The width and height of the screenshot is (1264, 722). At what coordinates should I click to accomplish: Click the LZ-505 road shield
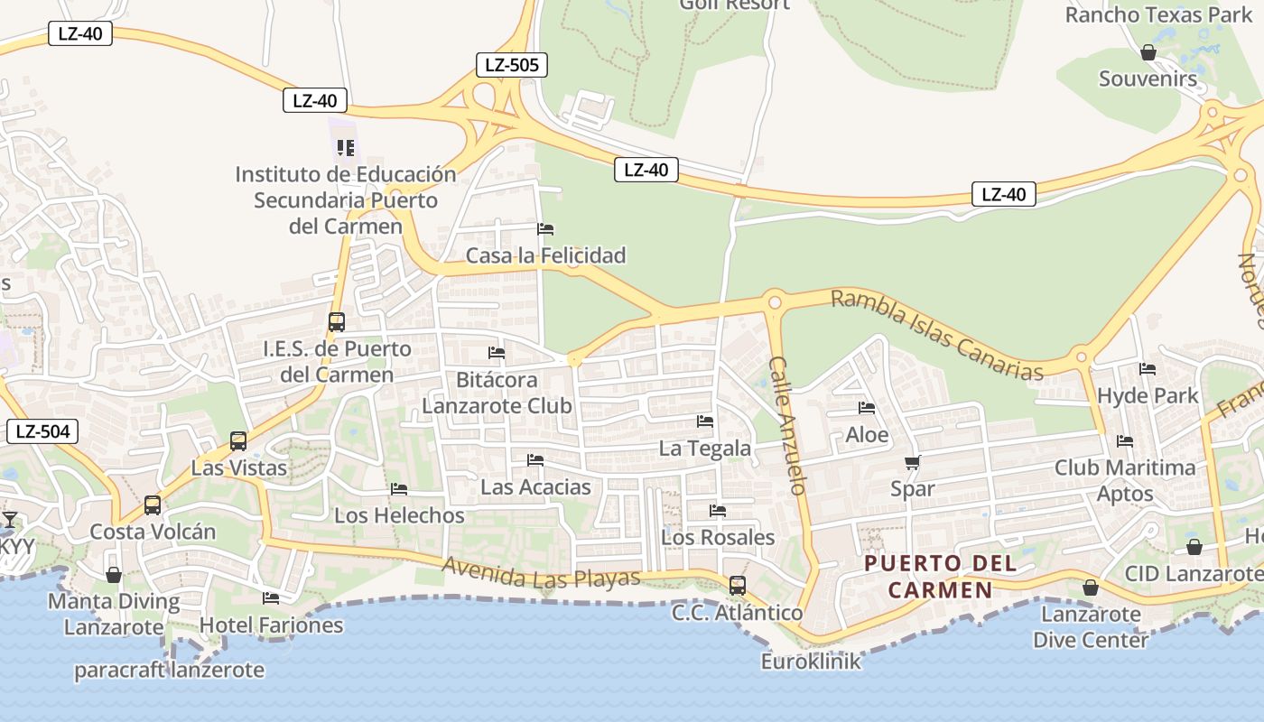pyautogui.click(x=512, y=64)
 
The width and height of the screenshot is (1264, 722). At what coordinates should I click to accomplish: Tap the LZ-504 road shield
pyautogui.click(x=42, y=431)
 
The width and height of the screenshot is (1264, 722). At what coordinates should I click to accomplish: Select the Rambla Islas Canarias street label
pyautogui.click(x=936, y=334)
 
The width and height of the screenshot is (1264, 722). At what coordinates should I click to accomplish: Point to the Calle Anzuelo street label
pyautogui.click(x=786, y=425)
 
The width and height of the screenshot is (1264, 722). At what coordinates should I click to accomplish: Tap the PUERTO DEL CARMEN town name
pyautogui.click(x=940, y=577)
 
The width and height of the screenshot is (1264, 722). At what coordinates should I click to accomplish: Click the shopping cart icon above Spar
pyautogui.click(x=912, y=463)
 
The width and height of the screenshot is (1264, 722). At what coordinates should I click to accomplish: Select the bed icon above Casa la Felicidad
pyautogui.click(x=545, y=229)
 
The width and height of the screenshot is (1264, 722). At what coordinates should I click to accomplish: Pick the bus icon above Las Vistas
pyautogui.click(x=238, y=441)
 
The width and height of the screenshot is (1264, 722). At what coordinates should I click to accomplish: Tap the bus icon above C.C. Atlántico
pyautogui.click(x=738, y=586)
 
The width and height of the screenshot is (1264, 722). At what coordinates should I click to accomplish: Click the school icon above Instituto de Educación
pyautogui.click(x=345, y=147)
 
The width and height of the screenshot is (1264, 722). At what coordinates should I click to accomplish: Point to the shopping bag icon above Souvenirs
pyautogui.click(x=1148, y=53)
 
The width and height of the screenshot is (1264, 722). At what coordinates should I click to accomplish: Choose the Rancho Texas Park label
pyautogui.click(x=1158, y=15)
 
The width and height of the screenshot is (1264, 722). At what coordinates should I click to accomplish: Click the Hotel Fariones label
pyautogui.click(x=271, y=625)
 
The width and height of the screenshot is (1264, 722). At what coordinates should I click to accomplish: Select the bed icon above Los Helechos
pyautogui.click(x=399, y=489)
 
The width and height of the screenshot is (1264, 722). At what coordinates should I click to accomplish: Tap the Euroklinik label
pyautogui.click(x=811, y=662)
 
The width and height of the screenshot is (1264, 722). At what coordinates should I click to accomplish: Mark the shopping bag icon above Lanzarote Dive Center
pyautogui.click(x=1091, y=588)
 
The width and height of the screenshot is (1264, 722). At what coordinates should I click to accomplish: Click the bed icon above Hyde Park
pyautogui.click(x=1148, y=369)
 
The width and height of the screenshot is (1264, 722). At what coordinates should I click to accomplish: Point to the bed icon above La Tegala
pyautogui.click(x=705, y=421)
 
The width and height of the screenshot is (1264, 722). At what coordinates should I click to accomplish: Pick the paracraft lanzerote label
pyautogui.click(x=169, y=671)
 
